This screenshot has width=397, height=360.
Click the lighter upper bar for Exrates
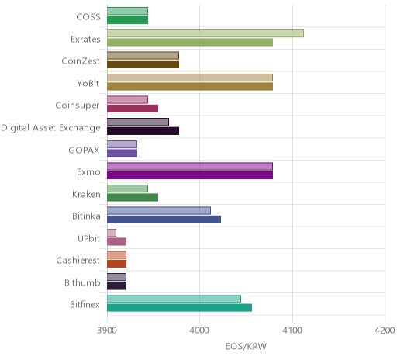pos(205,33)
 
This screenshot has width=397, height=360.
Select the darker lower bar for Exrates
pos(190,43)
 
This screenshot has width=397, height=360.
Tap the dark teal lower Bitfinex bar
pos(180,308)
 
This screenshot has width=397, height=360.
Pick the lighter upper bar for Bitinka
pos(159,210)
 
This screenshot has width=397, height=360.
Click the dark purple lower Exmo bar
pos(190,175)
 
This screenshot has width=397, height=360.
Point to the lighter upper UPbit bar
pos(112,233)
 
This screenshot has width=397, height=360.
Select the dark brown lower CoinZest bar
pos(143,64)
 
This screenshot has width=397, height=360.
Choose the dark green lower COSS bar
pos(128,20)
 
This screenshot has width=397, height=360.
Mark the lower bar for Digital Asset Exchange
pos(143,131)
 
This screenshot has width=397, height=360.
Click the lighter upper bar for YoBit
pos(190,78)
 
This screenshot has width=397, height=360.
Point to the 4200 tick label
pos(385,331)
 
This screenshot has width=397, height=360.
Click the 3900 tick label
pos(107,331)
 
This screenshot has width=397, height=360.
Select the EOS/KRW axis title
pos(246,346)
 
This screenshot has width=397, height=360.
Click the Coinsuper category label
pos(78,106)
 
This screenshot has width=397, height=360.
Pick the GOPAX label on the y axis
pos(84,150)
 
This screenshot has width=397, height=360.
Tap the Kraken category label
pos(86,194)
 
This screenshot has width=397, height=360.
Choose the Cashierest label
pos(78,260)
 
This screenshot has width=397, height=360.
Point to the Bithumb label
pos(82,282)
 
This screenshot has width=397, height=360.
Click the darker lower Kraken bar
pos(133,198)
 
